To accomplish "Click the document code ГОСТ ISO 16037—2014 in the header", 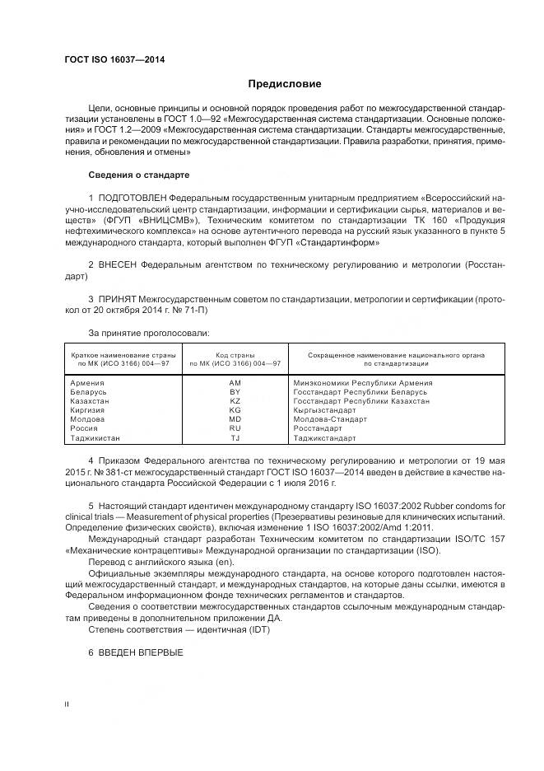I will tap(114, 58).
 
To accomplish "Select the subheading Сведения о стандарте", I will tap(138, 175).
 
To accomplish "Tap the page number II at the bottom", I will tap(67, 703).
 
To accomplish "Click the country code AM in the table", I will tap(235, 383).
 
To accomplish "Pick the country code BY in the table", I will tap(235, 392).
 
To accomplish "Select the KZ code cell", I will tap(235, 401).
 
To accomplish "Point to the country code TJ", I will tap(235, 438).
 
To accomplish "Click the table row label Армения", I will tap(87, 383).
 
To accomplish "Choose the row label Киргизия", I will tap(89, 410).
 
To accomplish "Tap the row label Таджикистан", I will tap(95, 438).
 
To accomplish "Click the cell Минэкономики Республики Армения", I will tap(363, 383).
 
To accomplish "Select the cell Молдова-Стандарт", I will tap(330, 419).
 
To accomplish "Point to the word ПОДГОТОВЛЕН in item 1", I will tap(133, 199).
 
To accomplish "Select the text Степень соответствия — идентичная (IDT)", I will tap(179, 629).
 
